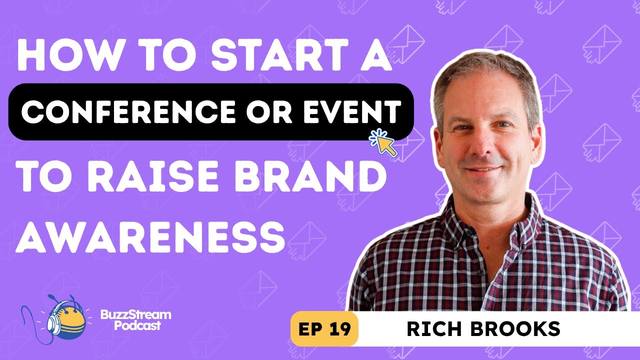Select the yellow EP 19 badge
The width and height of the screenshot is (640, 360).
pos(324,329)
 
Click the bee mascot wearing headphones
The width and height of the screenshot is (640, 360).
pos(66,320)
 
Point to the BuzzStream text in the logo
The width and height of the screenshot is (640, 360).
pos(135,315)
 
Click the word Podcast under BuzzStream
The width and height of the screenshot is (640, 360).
pos(137,325)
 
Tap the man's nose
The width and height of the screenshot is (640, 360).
pos(484,143)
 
